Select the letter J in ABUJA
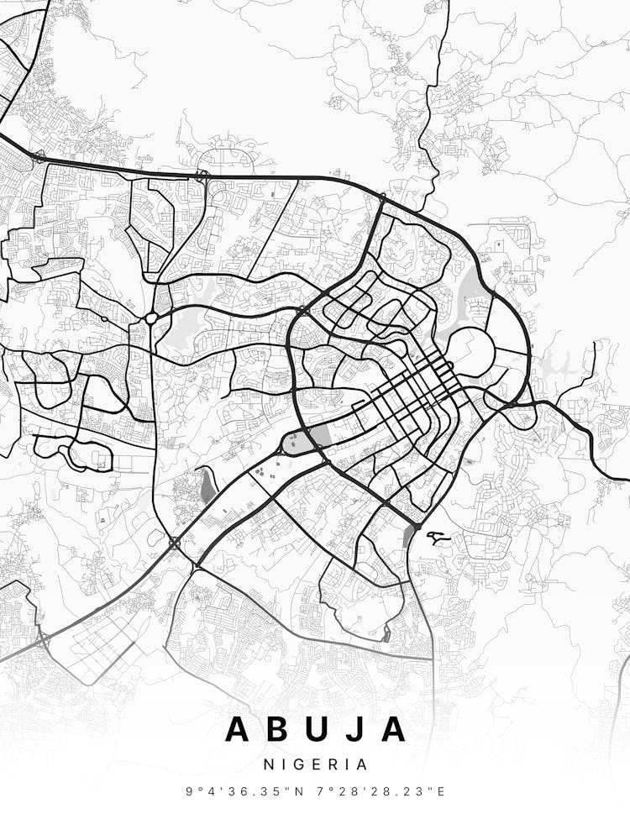coord(360,729)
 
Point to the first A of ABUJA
coord(239,729)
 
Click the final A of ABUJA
coord(393,729)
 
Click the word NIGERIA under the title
coord(315,765)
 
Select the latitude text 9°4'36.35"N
coord(252,791)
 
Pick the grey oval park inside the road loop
coord(295,443)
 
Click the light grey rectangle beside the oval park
coord(320,436)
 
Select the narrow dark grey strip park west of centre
coord(207,486)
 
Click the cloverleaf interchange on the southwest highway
coord(174,543)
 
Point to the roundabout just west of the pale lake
coord(151,318)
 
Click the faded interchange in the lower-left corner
coord(43,641)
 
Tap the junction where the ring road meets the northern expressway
coord(382,198)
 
